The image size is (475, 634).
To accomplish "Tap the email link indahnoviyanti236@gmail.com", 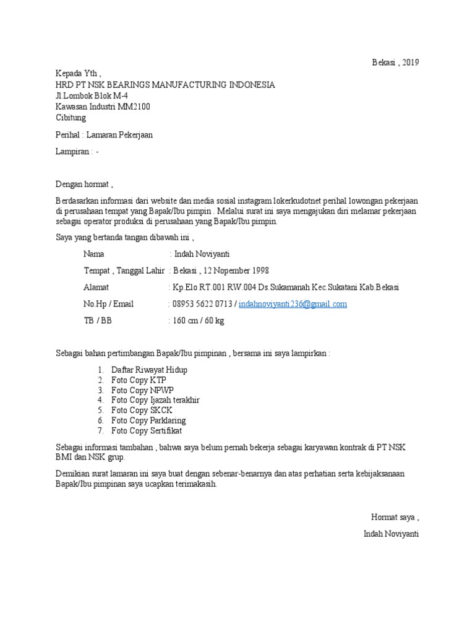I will pyautogui.click(x=293, y=304).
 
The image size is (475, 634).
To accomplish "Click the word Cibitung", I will pyautogui.click(x=71, y=118).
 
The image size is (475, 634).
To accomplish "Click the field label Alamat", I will pyautogui.click(x=96, y=287).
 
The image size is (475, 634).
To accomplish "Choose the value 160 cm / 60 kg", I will pyautogui.click(x=199, y=321).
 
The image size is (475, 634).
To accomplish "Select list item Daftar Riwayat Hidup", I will pyautogui.click(x=149, y=370).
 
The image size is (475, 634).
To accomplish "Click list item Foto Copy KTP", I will pyautogui.click(x=139, y=380).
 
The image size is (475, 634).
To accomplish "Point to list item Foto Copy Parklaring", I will pyautogui.click(x=148, y=420).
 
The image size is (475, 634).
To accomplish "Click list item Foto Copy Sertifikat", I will pyautogui.click(x=147, y=431).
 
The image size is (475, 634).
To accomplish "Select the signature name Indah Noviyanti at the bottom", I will pyautogui.click(x=392, y=533).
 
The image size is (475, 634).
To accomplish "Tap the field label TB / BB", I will pyautogui.click(x=98, y=321).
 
